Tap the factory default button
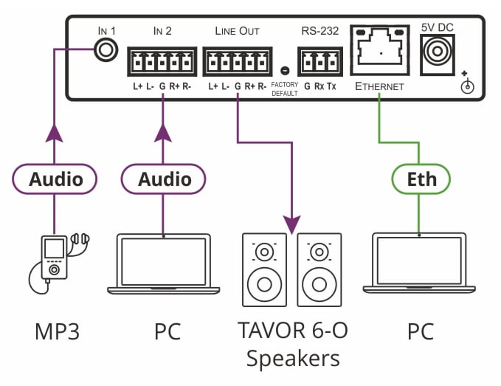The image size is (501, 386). click(285, 71)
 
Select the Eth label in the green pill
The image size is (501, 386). click(422, 179)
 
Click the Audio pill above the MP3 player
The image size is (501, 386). click(56, 179)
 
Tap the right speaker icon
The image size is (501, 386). click(319, 269)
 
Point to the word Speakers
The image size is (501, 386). click(293, 359)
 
